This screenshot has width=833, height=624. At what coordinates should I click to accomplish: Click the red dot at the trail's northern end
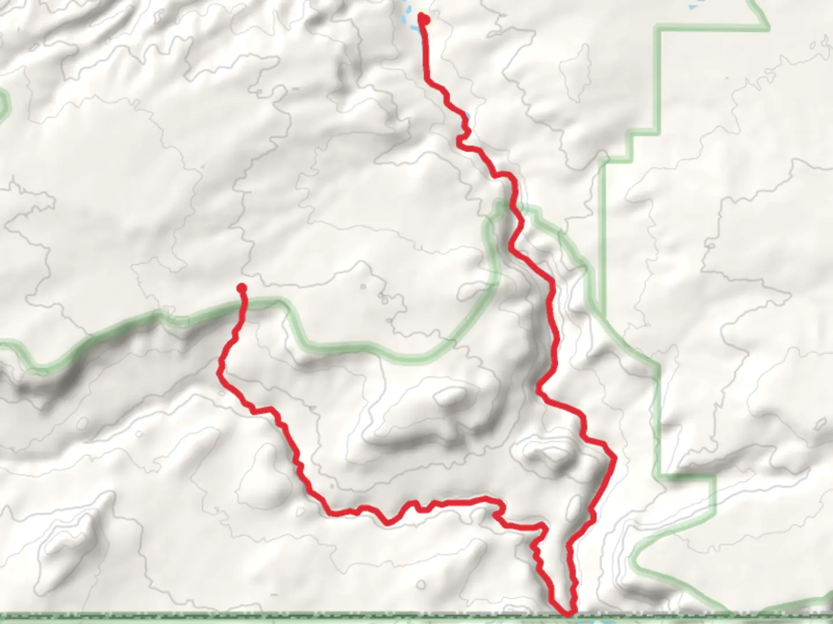point(424,20)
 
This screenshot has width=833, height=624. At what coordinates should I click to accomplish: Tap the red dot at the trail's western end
point(242,288)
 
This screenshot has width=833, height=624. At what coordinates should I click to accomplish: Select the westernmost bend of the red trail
point(219,370)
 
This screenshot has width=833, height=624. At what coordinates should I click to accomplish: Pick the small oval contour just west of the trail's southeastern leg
point(573,508)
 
